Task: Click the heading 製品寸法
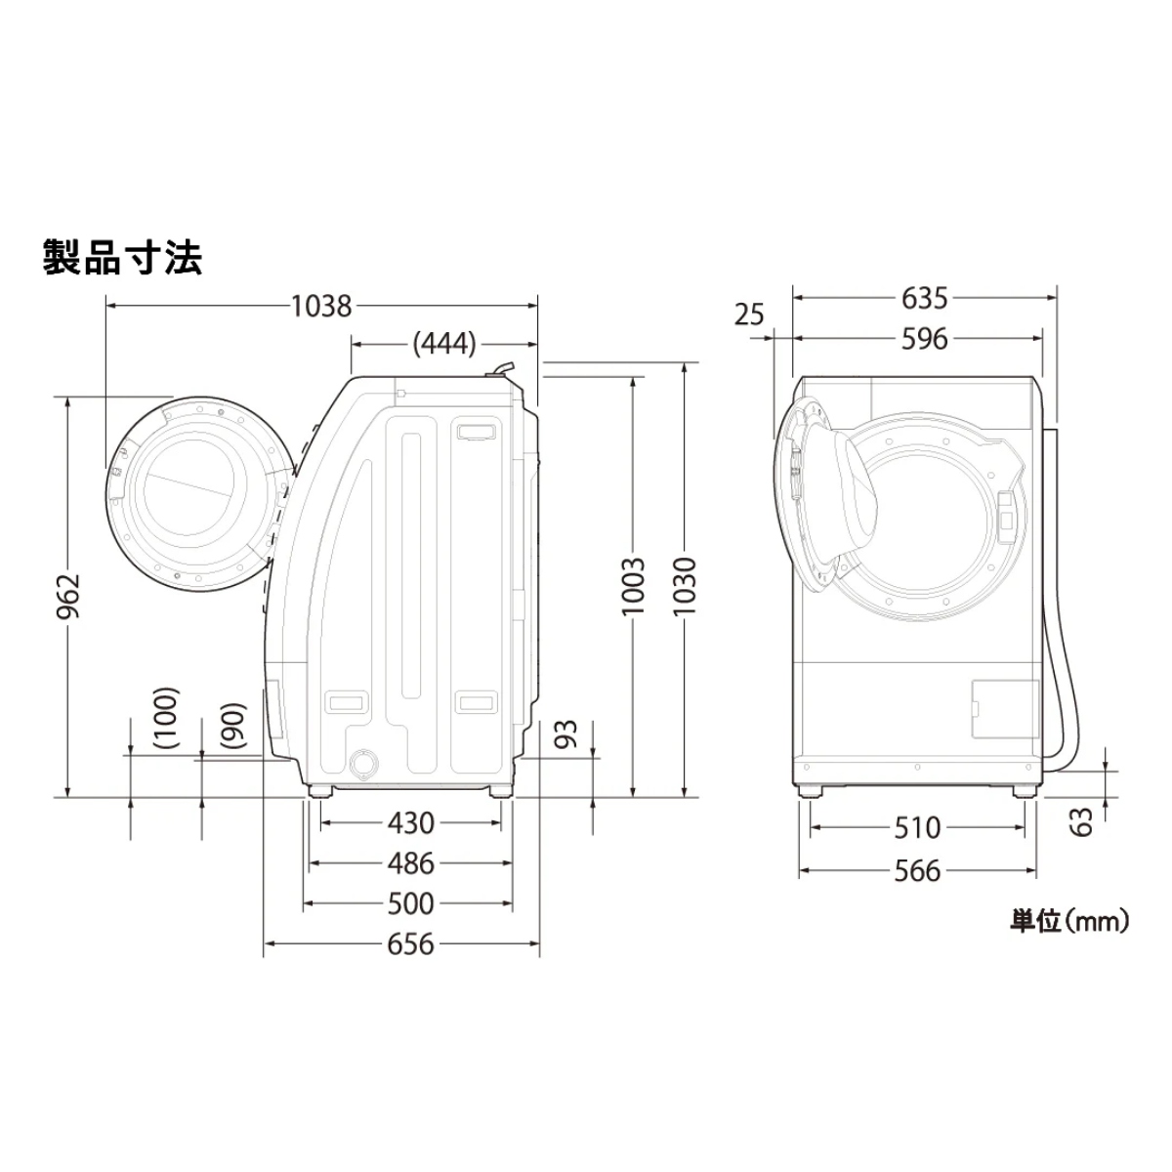(x=122, y=258)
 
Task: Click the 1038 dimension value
(x=321, y=307)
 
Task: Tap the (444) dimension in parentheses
(x=444, y=344)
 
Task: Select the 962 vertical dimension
(x=68, y=596)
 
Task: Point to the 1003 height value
(x=633, y=586)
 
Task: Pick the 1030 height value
(x=685, y=586)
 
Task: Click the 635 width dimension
(x=924, y=298)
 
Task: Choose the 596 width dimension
(x=924, y=339)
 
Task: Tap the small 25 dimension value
(x=748, y=314)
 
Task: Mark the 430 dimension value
(x=411, y=823)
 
